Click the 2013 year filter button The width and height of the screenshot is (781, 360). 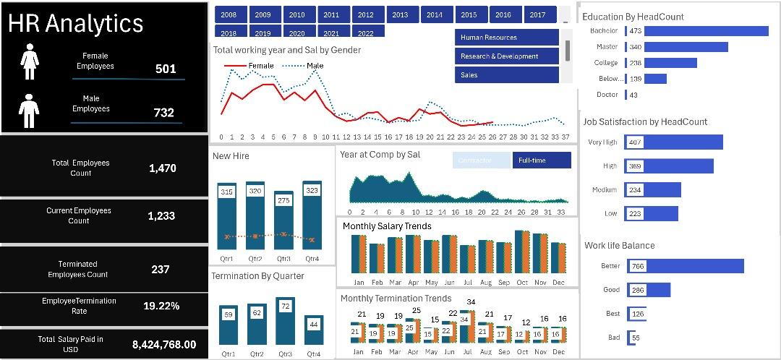pos(401,14)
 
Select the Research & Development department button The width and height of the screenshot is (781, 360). pos(507,56)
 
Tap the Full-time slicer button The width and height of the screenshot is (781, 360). pos(542,160)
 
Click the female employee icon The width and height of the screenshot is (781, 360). pos(30,61)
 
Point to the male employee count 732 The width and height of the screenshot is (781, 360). pos(163,113)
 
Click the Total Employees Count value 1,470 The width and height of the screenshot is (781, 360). pos(162,168)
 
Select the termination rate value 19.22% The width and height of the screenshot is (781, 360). pos(161,306)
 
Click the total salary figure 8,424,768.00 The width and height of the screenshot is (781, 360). pos(164,344)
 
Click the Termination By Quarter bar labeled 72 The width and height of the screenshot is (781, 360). pos(285,321)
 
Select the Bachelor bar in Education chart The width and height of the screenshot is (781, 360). pos(706,31)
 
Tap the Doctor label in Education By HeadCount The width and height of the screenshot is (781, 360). pos(607,95)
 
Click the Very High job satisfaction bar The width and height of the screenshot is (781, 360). pos(673,142)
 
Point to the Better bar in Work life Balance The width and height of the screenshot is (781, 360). pos(685,266)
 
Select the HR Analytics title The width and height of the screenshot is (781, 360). pos(76,23)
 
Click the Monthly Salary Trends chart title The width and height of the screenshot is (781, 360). pos(387,226)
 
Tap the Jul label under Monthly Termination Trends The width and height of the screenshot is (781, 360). pos(467,352)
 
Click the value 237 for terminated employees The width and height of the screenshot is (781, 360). pos(161,269)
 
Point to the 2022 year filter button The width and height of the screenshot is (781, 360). pos(366,33)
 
